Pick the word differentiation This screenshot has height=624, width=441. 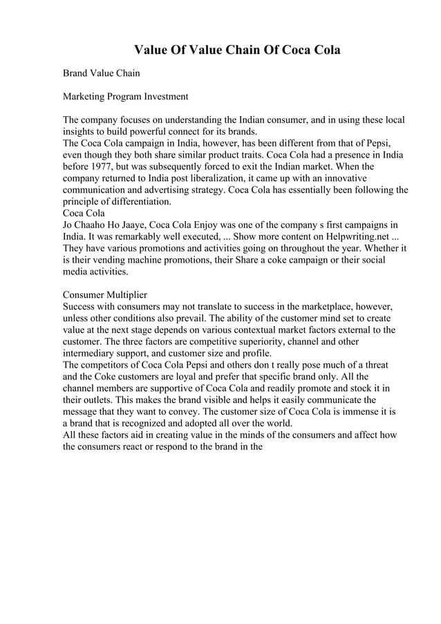[x=135, y=202]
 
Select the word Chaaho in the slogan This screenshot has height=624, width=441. [x=94, y=225]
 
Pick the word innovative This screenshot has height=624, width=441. [x=374, y=178]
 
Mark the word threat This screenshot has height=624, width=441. [x=374, y=365]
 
